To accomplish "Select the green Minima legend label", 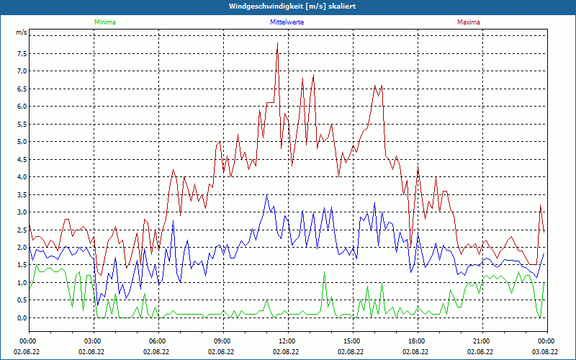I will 104,22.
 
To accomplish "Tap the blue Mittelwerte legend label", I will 287,22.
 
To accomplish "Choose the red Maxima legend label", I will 468,22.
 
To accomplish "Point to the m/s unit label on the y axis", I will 21,33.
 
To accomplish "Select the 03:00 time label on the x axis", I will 92,341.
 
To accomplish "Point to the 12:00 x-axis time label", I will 287,341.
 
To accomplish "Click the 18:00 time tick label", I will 416,341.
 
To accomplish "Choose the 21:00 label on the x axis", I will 481,341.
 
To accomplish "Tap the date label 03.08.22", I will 546,351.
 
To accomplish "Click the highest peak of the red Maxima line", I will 277,44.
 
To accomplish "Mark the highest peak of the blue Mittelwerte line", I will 266,195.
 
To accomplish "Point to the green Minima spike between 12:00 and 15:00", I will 324,272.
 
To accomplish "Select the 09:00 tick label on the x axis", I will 222,341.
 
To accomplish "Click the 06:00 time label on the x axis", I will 157,341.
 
